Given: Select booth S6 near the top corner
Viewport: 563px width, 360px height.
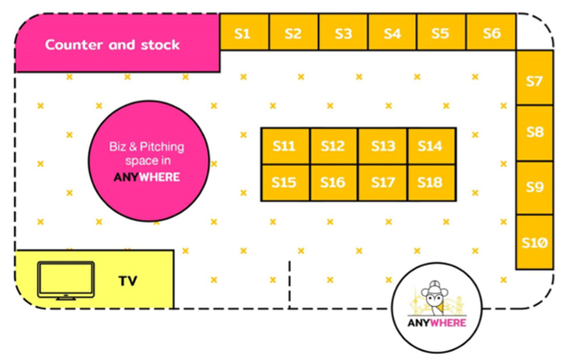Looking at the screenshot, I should (491, 32).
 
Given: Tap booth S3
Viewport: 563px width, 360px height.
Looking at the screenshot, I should (343, 32).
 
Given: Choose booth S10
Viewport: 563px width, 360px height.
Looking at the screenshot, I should (535, 242).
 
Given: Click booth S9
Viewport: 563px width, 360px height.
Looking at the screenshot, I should (535, 188).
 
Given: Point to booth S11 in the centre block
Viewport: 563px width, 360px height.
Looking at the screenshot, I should (285, 146).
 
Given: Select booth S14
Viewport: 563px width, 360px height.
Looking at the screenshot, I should (431, 146).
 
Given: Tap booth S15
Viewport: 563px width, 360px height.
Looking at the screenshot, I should (285, 183).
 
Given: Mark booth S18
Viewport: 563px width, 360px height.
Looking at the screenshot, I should (431, 183).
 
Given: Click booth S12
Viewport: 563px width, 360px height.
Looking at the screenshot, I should (334, 146).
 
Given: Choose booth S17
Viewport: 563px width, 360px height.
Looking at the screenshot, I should (382, 183).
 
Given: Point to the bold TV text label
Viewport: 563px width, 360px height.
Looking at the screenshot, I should (128, 280).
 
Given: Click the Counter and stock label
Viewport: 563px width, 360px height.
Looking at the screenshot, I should (113, 44).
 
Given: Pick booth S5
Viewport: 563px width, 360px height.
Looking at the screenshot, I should (441, 32).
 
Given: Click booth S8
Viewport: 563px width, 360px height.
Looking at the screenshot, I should (535, 133).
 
